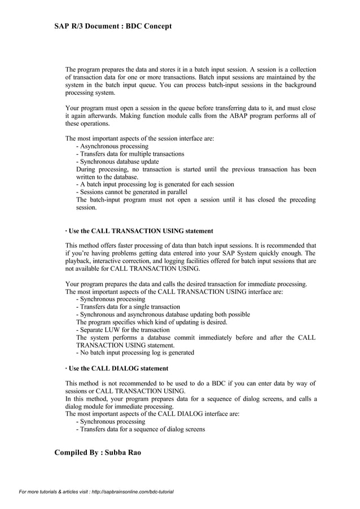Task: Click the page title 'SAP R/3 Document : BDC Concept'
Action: [x=113, y=26]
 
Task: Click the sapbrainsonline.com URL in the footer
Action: [x=132, y=492]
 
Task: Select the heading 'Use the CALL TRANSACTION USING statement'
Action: [x=141, y=231]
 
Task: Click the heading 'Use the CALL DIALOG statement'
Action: [x=118, y=368]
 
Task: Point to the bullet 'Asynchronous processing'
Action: [x=112, y=146]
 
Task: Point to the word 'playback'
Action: [x=78, y=261]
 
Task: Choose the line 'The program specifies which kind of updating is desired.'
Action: [x=152, y=322]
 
